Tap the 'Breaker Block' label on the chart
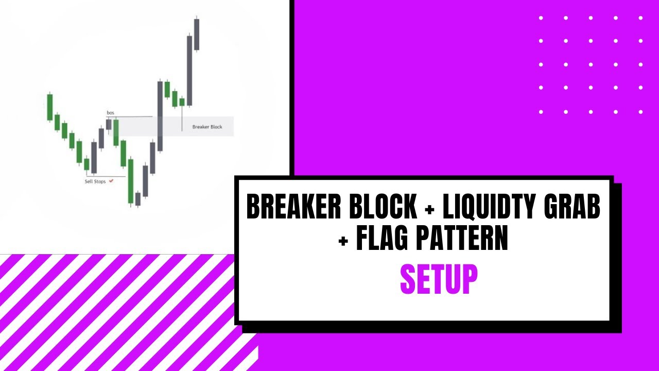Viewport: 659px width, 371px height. [207, 127]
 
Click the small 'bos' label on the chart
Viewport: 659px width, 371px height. [110, 112]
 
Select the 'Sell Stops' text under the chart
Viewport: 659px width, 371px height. [95, 181]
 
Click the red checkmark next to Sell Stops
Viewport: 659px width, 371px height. [111, 181]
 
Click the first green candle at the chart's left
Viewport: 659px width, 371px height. [50, 107]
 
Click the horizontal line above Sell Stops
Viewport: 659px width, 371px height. [106, 176]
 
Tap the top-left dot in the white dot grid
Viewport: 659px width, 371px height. [541, 18]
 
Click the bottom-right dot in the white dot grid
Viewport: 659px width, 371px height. [641, 112]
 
